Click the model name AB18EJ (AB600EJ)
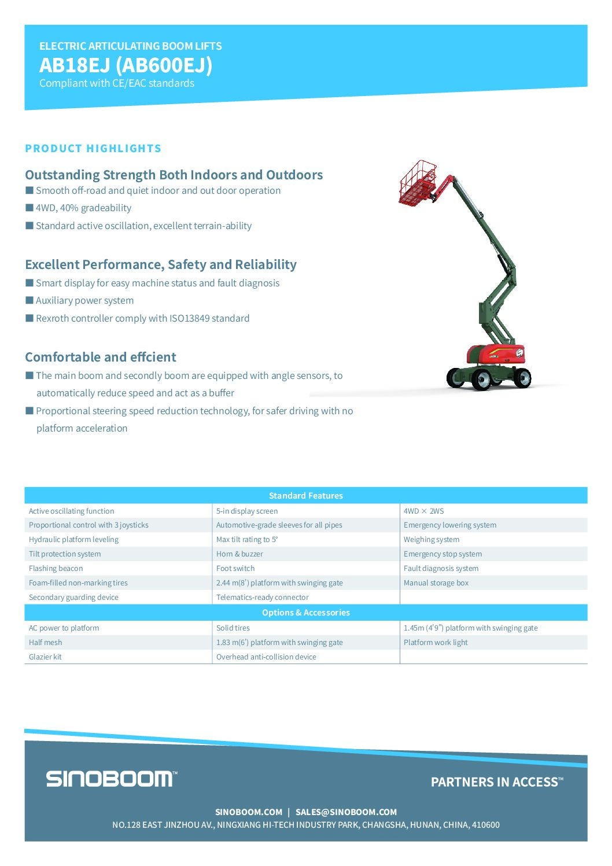pyautogui.click(x=126, y=65)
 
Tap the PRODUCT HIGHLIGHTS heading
pyautogui.click(x=93, y=149)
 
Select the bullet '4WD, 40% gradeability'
pyautogui.click(x=83, y=208)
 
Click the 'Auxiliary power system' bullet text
pyautogui.click(x=84, y=301)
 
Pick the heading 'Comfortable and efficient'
pyautogui.click(x=101, y=357)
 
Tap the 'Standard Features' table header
pyautogui.click(x=305, y=496)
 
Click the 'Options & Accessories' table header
pyautogui.click(x=305, y=613)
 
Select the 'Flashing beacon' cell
pyautogui.click(x=56, y=569)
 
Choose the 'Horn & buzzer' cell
pyautogui.click(x=239, y=554)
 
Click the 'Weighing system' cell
pyautogui.click(x=432, y=540)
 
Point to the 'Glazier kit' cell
pyautogui.click(x=45, y=657)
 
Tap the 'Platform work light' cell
pyautogui.click(x=436, y=643)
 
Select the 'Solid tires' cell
pyautogui.click(x=233, y=628)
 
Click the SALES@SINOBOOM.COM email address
pyautogui.click(x=346, y=812)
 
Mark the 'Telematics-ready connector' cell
pyautogui.click(x=263, y=598)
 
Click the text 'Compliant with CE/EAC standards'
pyautogui.click(x=117, y=83)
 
